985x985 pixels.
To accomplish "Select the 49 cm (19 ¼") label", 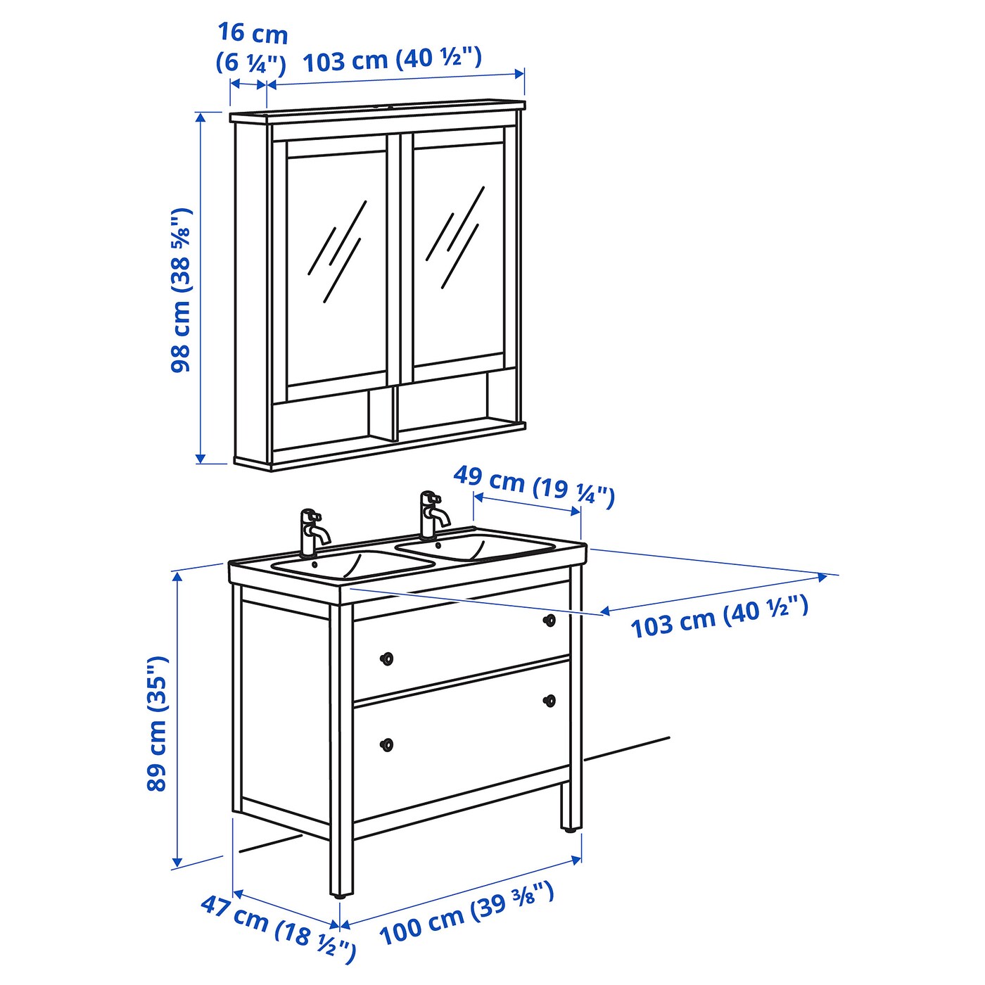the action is [x=533, y=489].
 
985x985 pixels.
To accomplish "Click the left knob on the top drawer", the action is [x=387, y=659].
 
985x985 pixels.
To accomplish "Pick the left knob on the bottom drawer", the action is [x=387, y=745].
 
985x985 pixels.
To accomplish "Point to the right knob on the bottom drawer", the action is [x=550, y=700].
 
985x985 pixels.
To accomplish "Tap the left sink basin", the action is [x=352, y=564].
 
